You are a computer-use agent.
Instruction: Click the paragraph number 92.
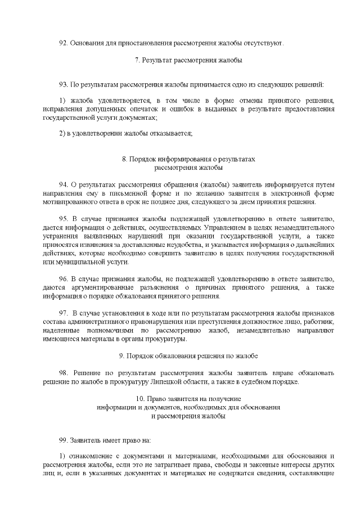[63, 43]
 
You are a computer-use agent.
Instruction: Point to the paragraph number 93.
[63, 84]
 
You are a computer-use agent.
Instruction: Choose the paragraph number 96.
[63, 278]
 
